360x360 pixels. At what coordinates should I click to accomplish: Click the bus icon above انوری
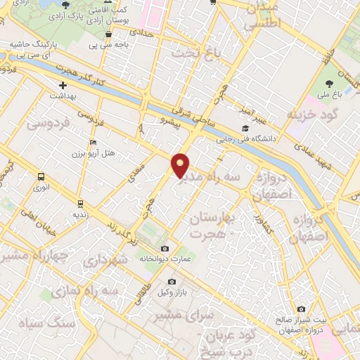pos(41,177)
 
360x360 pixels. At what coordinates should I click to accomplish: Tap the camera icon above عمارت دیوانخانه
pos(165,249)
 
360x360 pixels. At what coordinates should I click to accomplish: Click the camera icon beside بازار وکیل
pos(172,282)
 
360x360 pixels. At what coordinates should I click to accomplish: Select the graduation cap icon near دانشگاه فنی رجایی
pos(245,128)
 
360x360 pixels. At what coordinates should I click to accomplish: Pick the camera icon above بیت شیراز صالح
pos(302,309)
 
